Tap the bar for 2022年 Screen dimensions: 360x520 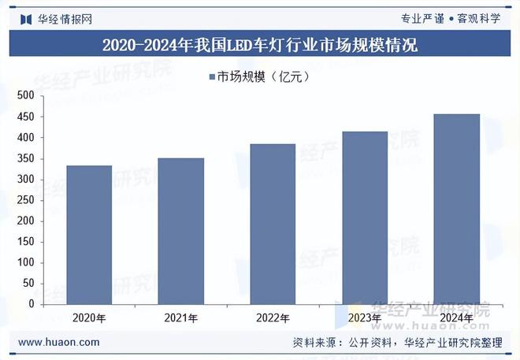273,224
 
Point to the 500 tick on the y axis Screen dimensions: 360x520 25,96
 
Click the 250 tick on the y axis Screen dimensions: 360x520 25,200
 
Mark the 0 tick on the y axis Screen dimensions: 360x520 31,304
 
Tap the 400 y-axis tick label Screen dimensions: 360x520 25,138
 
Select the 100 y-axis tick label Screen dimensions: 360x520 25,262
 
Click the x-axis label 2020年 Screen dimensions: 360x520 89,318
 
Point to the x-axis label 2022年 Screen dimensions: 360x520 273,318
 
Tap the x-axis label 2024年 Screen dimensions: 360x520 457,318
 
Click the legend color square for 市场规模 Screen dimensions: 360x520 211,76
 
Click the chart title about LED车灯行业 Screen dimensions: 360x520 260,45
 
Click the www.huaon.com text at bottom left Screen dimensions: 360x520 58,342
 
